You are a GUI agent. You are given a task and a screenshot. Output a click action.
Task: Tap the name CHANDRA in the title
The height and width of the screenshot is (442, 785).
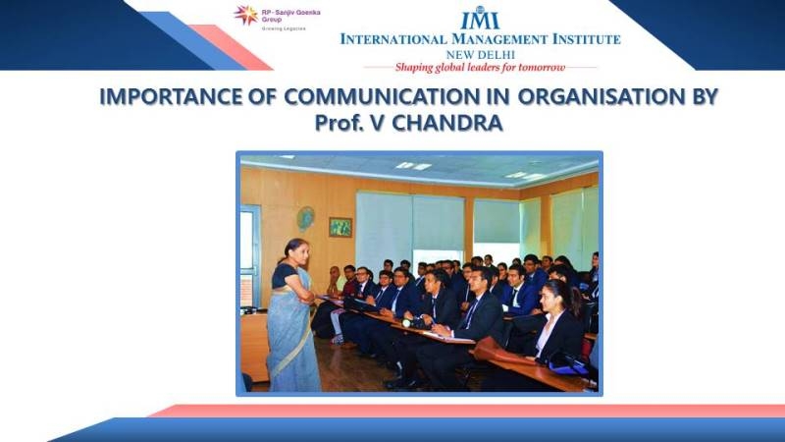coord(447,123)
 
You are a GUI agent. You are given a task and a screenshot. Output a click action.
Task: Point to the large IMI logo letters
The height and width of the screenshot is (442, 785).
coord(480,19)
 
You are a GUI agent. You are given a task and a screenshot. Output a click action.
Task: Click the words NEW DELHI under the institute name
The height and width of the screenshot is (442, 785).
coord(480,55)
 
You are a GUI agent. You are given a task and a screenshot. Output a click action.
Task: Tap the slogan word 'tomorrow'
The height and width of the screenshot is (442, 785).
coord(542,67)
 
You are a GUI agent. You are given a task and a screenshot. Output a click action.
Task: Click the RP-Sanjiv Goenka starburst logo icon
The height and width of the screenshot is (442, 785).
coord(246,15)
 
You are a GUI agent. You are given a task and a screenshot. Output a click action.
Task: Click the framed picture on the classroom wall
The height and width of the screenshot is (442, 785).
coord(340,227)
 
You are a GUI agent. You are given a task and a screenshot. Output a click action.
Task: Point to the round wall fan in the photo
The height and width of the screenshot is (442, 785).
coord(305,218)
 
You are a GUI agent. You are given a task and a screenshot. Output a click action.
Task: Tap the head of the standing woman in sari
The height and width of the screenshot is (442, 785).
coord(296,252)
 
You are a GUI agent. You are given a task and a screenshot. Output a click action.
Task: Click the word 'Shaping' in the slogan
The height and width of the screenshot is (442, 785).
coord(413,68)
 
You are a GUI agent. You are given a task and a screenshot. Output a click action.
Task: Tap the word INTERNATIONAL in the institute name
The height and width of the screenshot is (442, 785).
coord(393,39)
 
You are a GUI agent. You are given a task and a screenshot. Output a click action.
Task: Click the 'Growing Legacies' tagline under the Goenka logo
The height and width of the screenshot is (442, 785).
coord(284,28)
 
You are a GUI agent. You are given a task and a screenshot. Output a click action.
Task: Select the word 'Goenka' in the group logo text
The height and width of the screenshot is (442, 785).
coord(309,12)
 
